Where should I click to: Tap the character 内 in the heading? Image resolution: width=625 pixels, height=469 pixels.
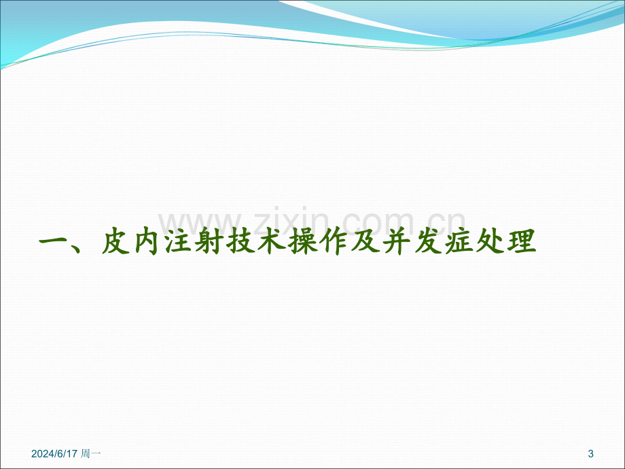[147, 241]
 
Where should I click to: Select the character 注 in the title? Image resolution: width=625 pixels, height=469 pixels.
[179, 241]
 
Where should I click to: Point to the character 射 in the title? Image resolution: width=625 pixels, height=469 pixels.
[210, 241]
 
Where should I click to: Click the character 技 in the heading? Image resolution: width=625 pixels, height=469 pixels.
[241, 241]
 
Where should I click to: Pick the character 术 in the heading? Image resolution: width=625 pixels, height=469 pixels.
[272, 241]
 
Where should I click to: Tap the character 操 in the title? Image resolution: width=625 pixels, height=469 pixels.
[304, 241]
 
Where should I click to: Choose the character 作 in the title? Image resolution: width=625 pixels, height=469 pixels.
[334, 241]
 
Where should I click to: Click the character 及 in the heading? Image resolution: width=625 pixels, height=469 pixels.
[365, 241]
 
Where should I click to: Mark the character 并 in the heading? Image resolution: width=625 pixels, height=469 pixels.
[397, 241]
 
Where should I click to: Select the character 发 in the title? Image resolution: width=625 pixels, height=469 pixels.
[428, 241]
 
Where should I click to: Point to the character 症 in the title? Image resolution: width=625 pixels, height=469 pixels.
[459, 241]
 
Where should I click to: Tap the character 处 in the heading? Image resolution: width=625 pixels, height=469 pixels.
[490, 241]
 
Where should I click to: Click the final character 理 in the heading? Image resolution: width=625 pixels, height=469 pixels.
[522, 241]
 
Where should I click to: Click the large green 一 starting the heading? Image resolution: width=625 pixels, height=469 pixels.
[54, 242]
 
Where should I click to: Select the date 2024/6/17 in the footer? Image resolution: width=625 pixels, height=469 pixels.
[54, 453]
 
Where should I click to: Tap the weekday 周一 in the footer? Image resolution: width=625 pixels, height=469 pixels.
[91, 453]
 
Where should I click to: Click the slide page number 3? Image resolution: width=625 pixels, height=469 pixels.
[591, 453]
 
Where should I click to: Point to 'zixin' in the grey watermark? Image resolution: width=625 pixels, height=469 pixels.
[291, 220]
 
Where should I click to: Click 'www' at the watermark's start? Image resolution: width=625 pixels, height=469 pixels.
[199, 224]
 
